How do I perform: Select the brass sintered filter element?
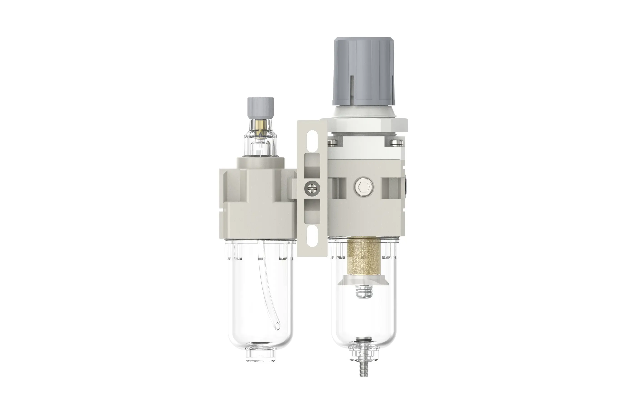[x=364, y=257]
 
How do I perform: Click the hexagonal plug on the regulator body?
[x=364, y=187]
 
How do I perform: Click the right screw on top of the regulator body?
[x=395, y=142]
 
